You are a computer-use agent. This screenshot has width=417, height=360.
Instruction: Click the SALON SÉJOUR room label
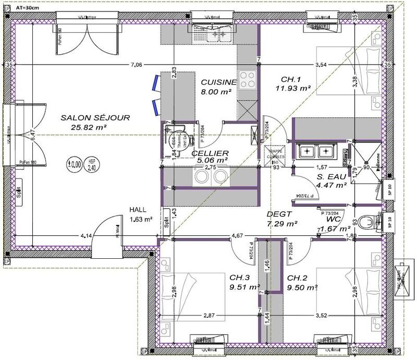[87, 117]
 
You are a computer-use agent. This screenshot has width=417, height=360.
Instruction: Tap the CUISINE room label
[219, 82]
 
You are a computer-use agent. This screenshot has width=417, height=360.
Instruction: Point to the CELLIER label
[210, 153]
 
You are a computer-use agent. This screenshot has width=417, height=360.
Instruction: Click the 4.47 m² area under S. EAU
[332, 184]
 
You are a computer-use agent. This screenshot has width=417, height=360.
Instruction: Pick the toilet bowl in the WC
[369, 222]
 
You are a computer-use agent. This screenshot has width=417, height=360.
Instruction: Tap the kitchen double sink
[219, 35]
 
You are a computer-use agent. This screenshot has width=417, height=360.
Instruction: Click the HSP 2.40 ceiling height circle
[92, 164]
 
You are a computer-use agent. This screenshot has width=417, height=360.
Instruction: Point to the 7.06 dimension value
[136, 65]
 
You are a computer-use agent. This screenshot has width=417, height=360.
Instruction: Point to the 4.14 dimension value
[87, 236]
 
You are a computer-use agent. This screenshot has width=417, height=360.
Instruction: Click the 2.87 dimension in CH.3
[209, 315]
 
